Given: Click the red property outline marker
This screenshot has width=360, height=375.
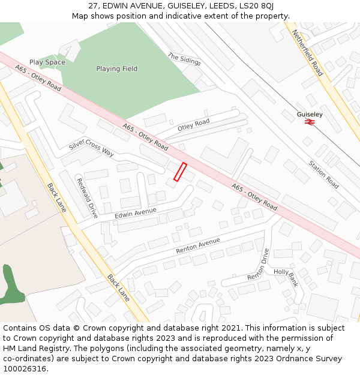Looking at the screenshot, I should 180,172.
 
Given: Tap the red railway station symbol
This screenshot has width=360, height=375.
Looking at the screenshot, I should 310,122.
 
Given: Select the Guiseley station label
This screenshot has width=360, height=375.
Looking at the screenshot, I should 310,114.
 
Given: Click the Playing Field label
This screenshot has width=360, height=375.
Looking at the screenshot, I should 116,69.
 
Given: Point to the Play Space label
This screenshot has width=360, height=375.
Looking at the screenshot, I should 47,62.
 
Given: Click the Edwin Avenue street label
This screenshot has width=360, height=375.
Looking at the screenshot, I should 135,213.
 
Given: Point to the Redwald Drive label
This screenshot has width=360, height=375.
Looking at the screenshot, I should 86,197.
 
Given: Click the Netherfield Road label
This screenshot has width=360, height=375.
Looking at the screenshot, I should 307,53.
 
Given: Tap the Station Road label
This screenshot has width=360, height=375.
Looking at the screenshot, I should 323,175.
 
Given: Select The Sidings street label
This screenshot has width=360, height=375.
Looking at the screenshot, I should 184,58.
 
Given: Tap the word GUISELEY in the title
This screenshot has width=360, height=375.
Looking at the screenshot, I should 188,6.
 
